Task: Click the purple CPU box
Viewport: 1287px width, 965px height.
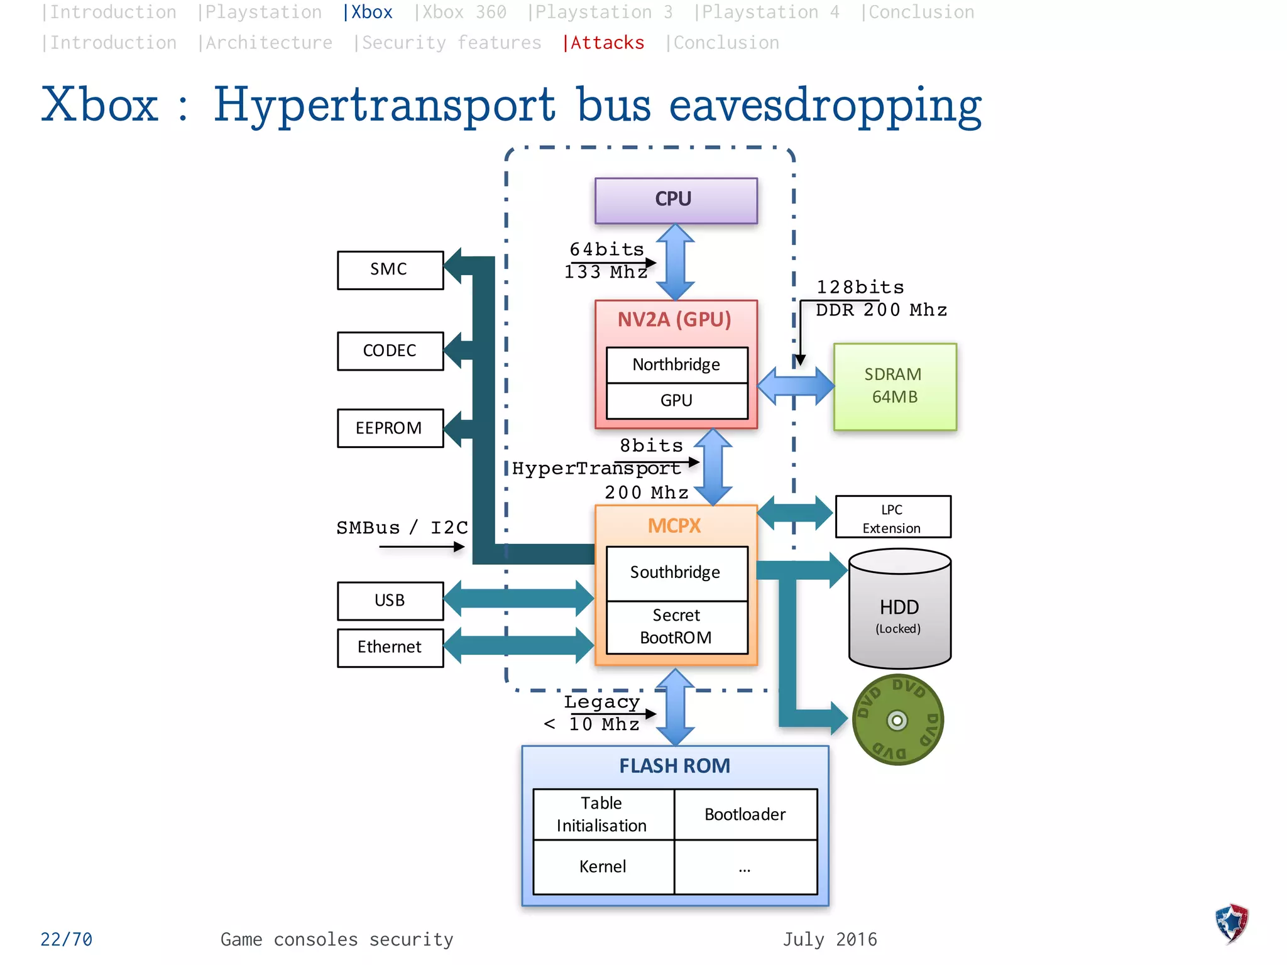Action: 676,200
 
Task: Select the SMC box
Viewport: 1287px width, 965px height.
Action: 390,270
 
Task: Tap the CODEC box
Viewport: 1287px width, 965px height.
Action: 390,351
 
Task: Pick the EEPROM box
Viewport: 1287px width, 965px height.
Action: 390,428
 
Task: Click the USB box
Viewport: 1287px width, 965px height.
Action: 390,601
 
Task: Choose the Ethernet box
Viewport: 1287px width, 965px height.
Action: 390,647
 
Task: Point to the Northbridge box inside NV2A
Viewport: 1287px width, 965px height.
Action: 676,365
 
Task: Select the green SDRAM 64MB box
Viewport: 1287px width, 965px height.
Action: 894,386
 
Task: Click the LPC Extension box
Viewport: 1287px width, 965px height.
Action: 892,518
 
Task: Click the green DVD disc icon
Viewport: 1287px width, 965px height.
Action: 897,720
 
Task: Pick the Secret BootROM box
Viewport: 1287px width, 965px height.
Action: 676,627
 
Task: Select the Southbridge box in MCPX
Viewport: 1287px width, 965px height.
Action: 676,572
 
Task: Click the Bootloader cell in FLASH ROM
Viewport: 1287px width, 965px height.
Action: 745,815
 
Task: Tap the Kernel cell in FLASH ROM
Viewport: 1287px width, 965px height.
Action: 603,867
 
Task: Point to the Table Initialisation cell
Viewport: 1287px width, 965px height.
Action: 602,814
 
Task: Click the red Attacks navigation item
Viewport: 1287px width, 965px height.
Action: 604,43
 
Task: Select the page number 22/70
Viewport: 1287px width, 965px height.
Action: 66,939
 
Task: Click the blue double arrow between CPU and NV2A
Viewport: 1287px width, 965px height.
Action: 675,262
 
